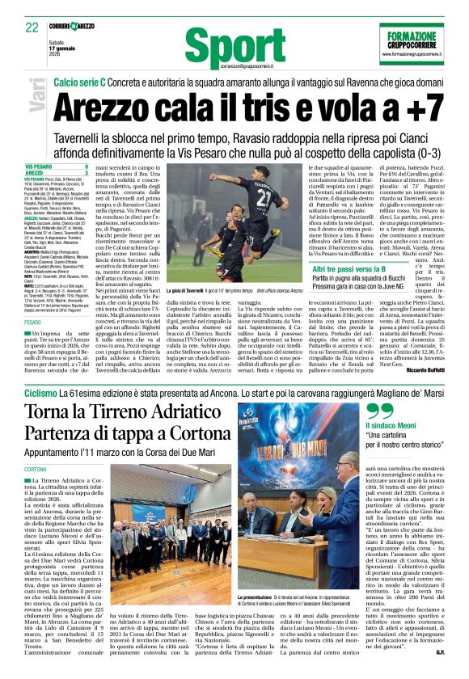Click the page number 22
(32, 27)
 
